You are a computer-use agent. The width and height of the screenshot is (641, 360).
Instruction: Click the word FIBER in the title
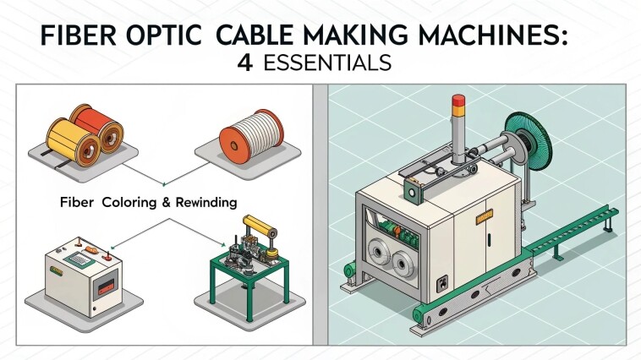[79, 35]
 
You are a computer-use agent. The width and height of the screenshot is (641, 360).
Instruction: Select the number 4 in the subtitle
[244, 63]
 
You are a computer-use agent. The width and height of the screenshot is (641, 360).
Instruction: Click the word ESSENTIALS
[327, 63]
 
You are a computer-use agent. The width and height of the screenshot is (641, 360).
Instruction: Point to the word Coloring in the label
[129, 203]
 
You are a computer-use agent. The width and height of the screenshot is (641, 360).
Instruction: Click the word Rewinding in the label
[206, 203]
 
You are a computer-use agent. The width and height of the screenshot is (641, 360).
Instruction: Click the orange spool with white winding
[251, 137]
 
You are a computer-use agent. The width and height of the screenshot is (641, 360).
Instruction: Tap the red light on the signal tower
[458, 100]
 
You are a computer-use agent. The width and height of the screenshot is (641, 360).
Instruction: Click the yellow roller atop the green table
[260, 226]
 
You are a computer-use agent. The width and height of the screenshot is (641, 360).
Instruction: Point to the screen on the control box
[79, 259]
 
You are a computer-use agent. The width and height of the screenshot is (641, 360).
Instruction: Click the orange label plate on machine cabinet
[485, 216]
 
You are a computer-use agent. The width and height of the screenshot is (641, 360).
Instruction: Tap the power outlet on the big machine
[442, 284]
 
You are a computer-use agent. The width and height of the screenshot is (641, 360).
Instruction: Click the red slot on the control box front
[107, 288]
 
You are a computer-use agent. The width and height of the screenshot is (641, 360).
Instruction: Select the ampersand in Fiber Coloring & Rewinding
[166, 203]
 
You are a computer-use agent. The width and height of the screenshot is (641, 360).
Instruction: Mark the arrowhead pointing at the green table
[223, 245]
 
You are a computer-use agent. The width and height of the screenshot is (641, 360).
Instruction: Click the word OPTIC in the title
[164, 35]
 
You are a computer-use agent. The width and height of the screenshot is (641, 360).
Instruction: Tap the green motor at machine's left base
[349, 271]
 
